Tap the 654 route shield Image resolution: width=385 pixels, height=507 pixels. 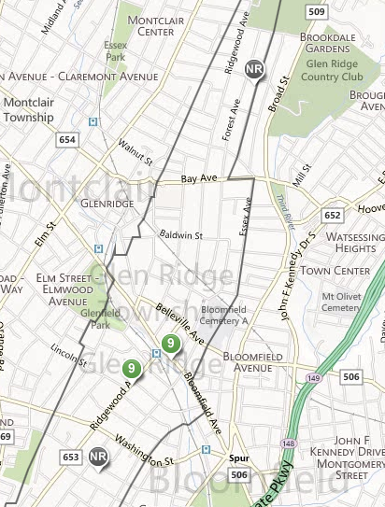tap(66, 139)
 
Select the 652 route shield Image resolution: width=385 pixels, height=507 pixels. tap(334, 215)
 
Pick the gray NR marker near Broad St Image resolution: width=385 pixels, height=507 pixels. tap(254, 70)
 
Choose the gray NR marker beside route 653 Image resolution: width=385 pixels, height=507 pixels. tap(99, 457)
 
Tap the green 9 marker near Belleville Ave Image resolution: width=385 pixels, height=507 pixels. tap(170, 345)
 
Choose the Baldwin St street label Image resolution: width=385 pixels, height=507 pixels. tap(180, 235)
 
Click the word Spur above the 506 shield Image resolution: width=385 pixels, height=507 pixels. tap(239, 458)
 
